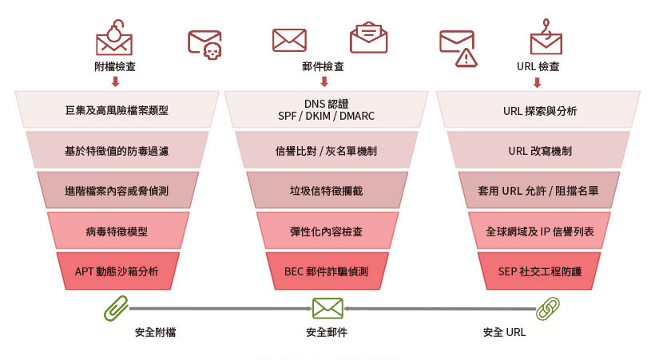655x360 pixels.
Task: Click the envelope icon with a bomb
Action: point(114,38)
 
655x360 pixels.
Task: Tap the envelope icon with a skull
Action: point(204,44)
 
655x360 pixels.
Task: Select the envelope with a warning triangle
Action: point(458,48)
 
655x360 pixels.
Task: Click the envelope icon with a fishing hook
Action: point(546,37)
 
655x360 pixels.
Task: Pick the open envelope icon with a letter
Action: point(368,38)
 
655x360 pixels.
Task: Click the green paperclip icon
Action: point(116,308)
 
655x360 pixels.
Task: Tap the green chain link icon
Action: point(547,309)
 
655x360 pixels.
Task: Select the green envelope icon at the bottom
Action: point(328,309)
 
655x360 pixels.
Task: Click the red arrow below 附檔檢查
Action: point(116,81)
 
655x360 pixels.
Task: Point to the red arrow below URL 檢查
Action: point(538,82)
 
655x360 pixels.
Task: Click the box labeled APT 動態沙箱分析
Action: point(117,271)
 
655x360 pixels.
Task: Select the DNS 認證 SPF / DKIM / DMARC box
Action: point(326,109)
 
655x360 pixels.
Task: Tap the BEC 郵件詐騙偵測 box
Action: point(327,271)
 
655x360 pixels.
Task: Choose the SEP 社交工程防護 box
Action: point(539,271)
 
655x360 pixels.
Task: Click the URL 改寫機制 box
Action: point(539,150)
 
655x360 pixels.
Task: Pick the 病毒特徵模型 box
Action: point(117,231)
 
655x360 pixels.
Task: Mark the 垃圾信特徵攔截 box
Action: point(327,191)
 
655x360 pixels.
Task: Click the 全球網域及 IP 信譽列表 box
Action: point(539,231)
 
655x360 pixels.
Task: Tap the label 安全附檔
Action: point(155,332)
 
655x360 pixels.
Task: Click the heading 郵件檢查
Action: point(323,66)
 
